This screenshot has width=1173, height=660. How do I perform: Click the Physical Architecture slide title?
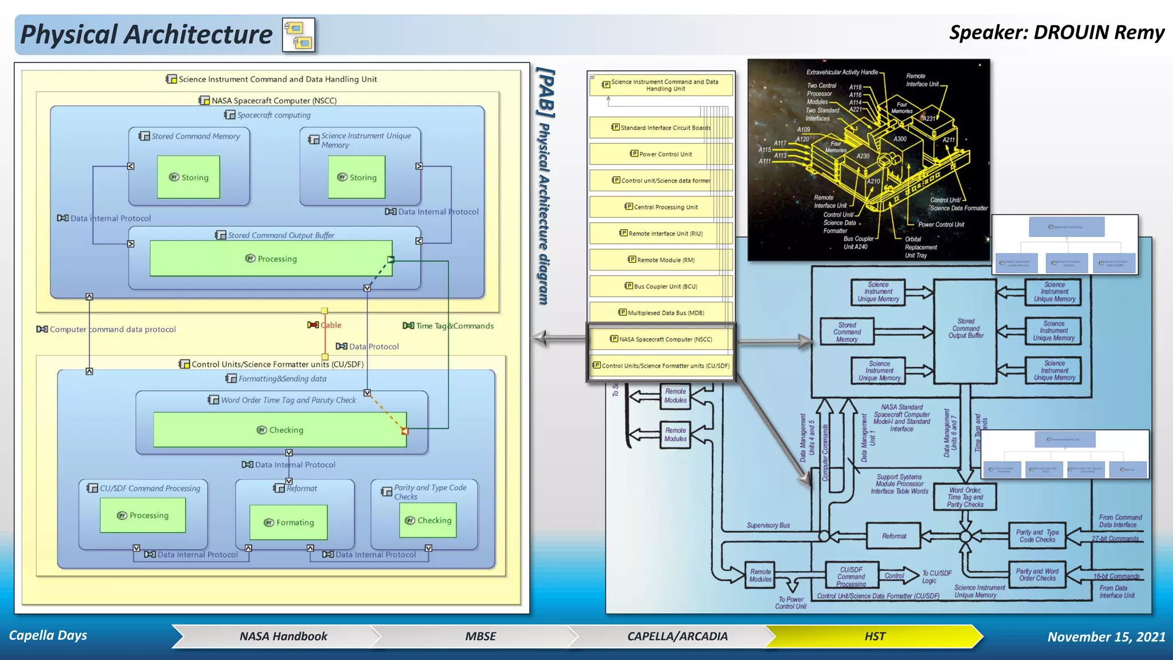(146, 34)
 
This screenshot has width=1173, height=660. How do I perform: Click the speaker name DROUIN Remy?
(1057, 33)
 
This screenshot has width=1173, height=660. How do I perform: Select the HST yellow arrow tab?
(875, 636)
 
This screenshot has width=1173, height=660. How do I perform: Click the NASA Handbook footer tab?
(283, 636)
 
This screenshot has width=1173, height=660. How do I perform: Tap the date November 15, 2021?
(1106, 637)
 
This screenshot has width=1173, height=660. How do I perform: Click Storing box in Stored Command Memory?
(188, 178)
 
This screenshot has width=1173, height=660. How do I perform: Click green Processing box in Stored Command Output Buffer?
(271, 259)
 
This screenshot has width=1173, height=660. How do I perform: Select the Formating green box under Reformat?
(289, 522)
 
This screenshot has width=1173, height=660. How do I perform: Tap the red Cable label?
(330, 325)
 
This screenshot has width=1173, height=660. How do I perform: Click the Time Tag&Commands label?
(454, 326)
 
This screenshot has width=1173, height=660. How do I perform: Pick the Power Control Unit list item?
(660, 154)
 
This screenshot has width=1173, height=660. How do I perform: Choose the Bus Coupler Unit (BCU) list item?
(660, 286)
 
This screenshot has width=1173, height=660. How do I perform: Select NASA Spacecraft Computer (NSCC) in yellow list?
(660, 339)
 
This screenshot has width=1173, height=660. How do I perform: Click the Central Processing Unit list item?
(660, 207)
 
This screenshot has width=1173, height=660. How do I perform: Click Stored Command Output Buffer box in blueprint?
(966, 329)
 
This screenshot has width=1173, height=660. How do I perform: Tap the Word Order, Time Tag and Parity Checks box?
(965, 497)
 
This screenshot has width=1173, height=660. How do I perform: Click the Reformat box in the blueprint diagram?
(893, 536)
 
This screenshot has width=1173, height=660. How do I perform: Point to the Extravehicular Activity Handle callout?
(841, 72)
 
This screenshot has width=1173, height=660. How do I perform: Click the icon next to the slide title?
(298, 36)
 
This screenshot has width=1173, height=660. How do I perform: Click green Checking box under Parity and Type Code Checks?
(428, 520)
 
